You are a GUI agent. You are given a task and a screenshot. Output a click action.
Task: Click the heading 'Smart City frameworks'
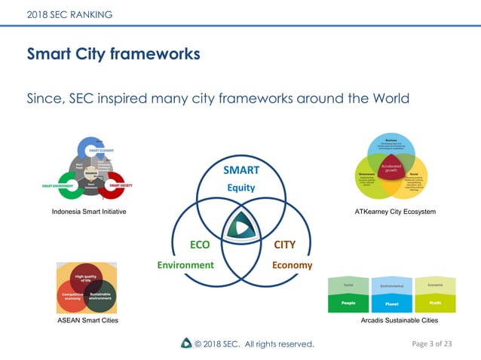click(113, 54)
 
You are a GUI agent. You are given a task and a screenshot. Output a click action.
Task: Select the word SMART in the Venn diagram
click(240, 170)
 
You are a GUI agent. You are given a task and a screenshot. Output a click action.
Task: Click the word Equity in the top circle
click(241, 188)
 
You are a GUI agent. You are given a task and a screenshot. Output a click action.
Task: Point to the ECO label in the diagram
click(200, 245)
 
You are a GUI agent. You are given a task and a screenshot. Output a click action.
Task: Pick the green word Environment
click(185, 265)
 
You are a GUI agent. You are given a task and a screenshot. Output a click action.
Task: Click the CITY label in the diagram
click(284, 245)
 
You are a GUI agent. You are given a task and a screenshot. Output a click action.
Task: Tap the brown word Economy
click(292, 265)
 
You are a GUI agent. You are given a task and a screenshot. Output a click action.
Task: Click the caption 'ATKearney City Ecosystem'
click(395, 212)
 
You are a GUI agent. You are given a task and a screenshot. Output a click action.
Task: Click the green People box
click(348, 303)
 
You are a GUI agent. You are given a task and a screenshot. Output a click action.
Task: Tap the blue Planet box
click(391, 304)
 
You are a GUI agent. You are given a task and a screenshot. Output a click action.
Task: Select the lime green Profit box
click(435, 303)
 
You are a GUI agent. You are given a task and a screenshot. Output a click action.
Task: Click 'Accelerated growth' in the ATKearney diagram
click(391, 167)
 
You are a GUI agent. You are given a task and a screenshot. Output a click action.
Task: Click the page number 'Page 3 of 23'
click(432, 343)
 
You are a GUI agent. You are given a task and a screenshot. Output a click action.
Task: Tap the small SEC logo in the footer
click(185, 343)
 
